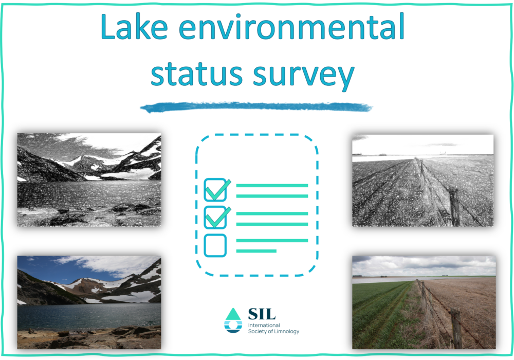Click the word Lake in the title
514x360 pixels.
tap(134, 27)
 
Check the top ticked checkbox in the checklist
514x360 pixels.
tap(216, 189)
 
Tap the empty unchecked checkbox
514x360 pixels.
tap(215, 245)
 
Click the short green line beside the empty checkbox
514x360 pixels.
tap(256, 251)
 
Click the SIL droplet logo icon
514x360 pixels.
tap(233, 320)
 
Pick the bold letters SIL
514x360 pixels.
tap(262, 314)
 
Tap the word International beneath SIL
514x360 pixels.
tap(264, 325)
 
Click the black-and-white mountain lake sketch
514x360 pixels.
tap(89, 179)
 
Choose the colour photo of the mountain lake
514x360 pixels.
tap(89, 302)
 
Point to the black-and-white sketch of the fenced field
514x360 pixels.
tap(423, 181)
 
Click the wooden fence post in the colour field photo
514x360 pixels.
tap(456, 328)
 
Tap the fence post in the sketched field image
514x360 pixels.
tap(454, 207)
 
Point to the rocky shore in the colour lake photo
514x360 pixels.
tap(89, 338)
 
